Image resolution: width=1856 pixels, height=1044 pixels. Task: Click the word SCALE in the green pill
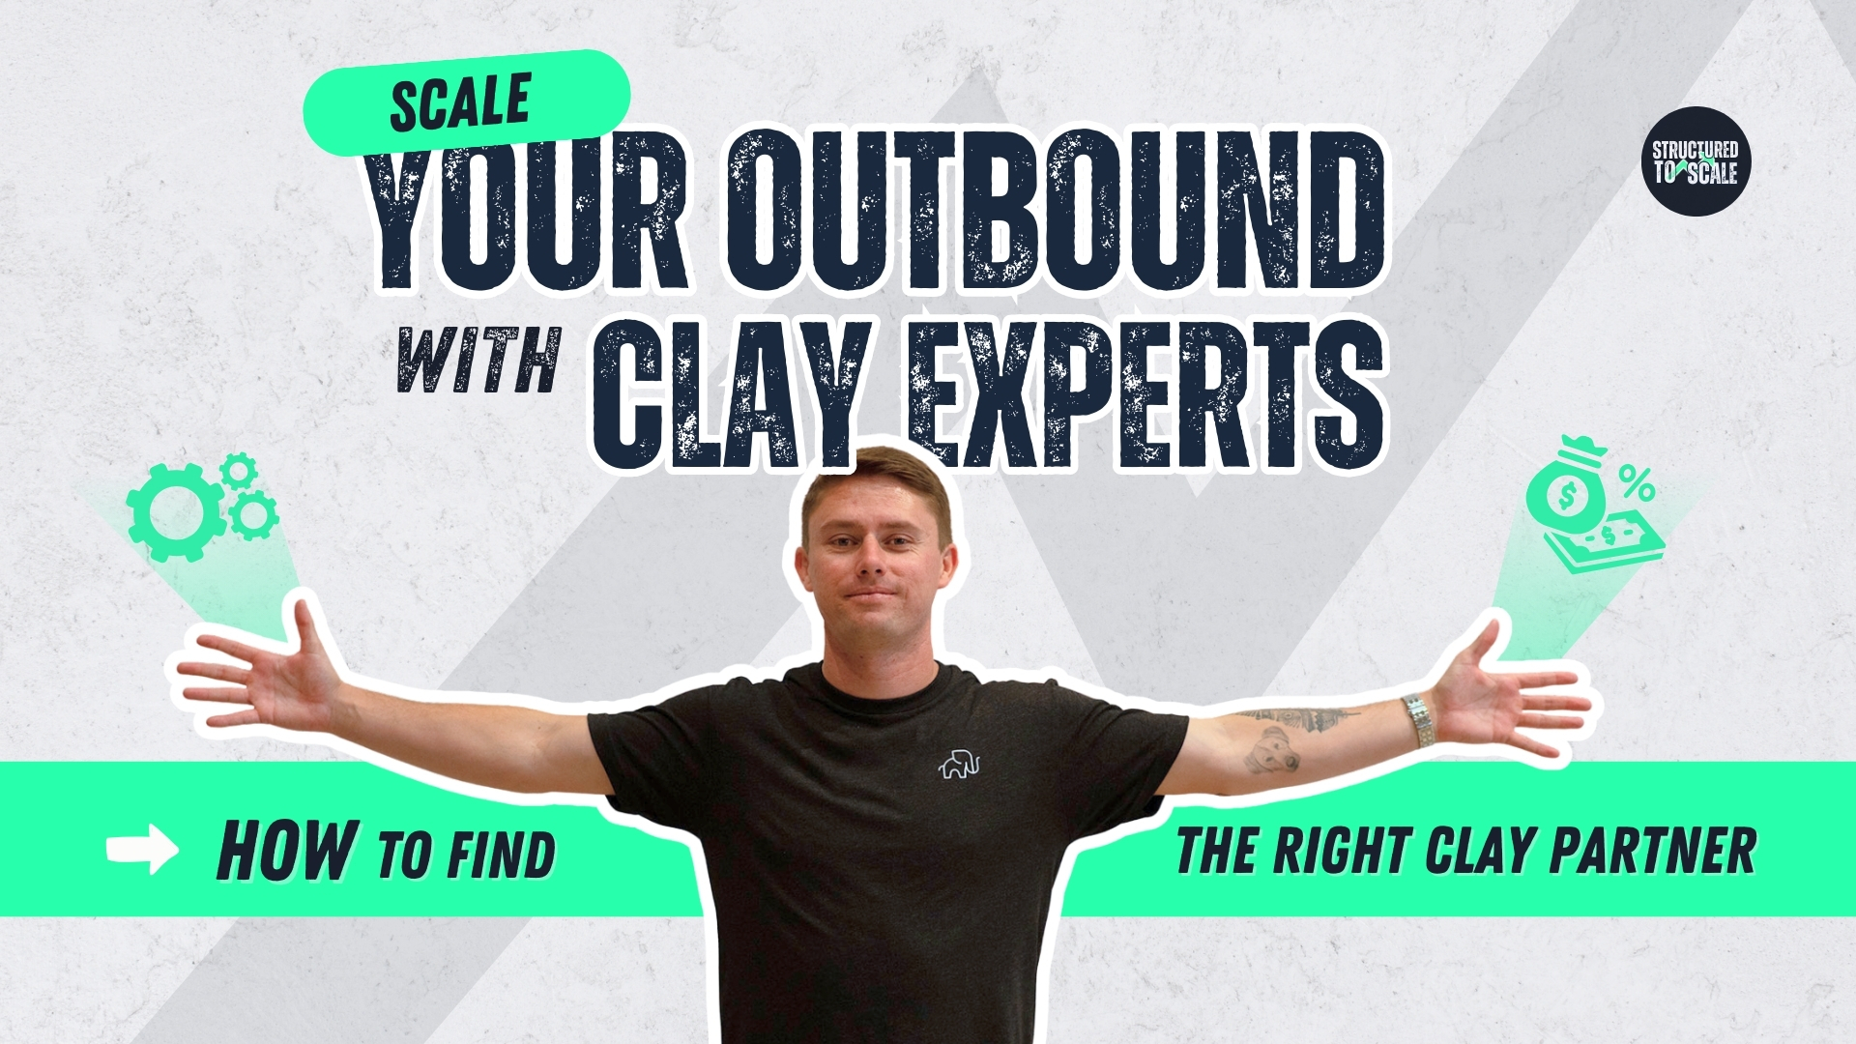461,101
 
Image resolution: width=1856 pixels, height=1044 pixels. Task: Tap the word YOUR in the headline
528,211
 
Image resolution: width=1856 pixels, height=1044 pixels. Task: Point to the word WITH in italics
479,360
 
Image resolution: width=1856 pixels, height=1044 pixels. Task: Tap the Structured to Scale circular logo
1696,161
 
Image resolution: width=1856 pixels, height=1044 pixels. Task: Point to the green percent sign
1638,483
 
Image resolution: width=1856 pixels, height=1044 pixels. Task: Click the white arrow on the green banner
142,851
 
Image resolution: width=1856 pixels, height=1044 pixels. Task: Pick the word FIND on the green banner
502,855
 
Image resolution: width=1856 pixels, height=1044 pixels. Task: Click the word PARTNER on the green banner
1653,851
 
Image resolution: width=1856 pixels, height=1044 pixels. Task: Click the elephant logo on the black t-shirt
959,764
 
